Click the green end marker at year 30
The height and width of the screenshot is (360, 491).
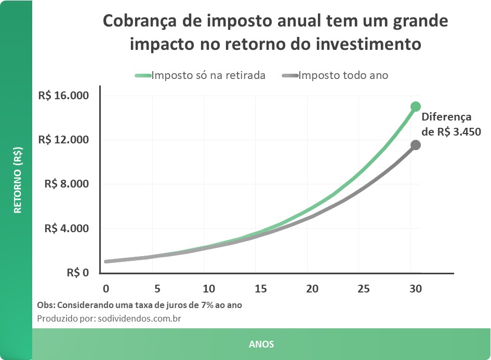click(415, 106)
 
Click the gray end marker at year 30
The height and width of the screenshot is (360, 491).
click(415, 145)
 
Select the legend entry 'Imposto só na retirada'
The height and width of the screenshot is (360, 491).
click(208, 75)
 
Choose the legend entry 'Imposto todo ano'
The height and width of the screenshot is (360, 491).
click(343, 75)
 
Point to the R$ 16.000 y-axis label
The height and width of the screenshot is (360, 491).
click(63, 96)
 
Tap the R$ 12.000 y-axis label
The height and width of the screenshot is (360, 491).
click(63, 140)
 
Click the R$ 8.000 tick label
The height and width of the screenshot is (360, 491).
click(67, 184)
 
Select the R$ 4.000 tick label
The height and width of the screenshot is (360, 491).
click(67, 229)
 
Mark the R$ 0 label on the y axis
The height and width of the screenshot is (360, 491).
click(78, 273)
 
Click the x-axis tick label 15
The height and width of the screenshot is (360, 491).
click(260, 289)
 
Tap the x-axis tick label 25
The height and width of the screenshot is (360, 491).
click(364, 289)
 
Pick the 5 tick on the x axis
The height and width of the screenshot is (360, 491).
click(157, 289)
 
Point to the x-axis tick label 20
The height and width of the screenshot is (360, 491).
click(312, 289)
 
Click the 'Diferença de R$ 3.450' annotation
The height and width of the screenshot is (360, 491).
click(450, 125)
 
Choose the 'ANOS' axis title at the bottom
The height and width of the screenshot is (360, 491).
click(261, 344)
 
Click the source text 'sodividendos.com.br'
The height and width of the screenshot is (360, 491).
click(139, 318)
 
